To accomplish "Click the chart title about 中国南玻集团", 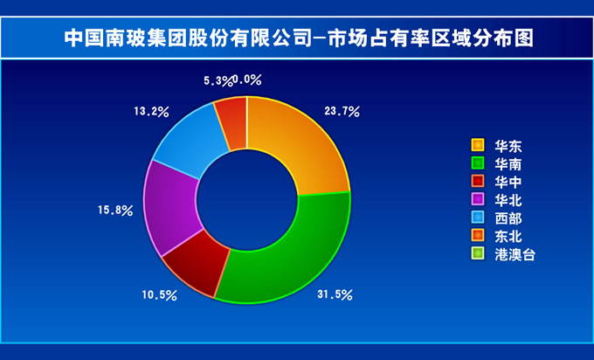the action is (299, 38).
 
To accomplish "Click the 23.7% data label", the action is (342, 112).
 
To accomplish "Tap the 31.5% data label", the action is (335, 294).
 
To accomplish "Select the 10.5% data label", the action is (160, 295).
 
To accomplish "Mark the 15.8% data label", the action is (115, 211).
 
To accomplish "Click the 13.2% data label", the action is (151, 112).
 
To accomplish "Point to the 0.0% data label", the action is (247, 80).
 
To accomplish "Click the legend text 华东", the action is (508, 146).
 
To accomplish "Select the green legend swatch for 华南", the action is (478, 163).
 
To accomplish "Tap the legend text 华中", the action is (508, 183).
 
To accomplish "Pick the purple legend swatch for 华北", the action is (478, 199).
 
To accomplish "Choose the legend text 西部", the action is (508, 218).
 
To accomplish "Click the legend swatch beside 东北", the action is (478, 235).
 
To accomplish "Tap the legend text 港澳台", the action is (515, 255).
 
